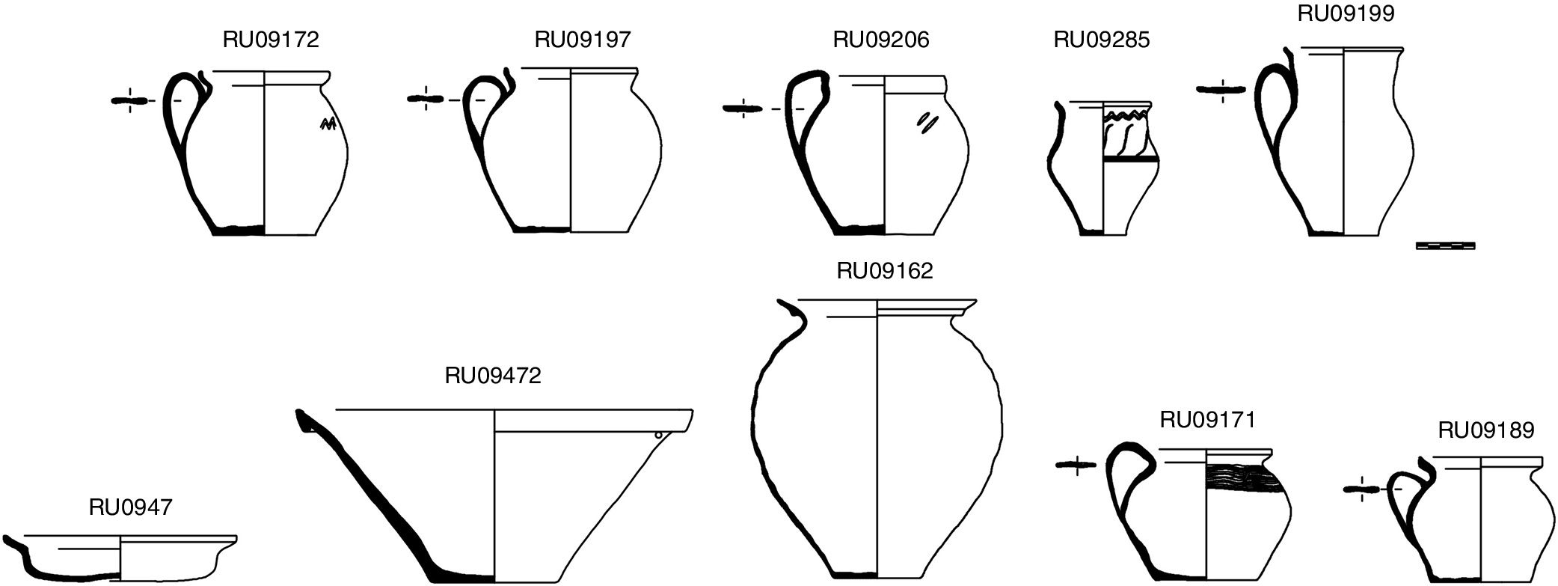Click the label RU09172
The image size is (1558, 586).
click(x=271, y=40)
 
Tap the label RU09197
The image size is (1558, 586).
click(x=583, y=40)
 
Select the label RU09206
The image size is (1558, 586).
click(x=881, y=40)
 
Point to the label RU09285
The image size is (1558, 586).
click(x=1102, y=40)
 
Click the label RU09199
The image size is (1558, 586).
click(x=1346, y=13)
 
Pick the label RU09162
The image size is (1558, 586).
click(x=885, y=271)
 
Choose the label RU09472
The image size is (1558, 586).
click(x=493, y=375)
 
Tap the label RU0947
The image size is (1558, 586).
click(x=131, y=507)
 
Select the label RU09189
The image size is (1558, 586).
click(x=1486, y=430)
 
